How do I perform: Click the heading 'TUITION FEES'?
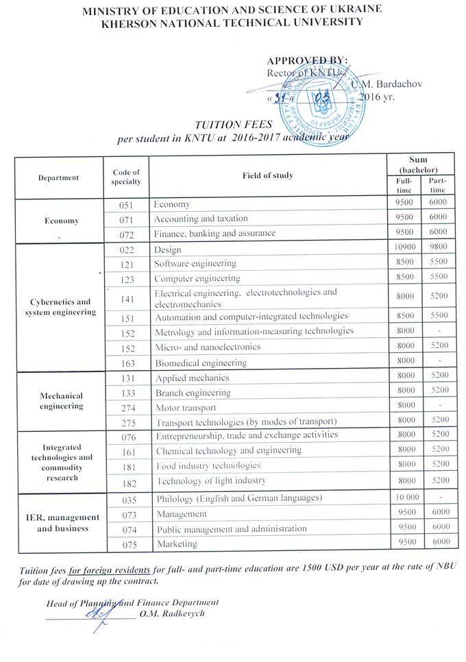pos(224,125)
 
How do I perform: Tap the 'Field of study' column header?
pos(267,175)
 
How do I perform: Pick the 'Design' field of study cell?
pos(168,249)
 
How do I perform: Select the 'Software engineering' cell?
pos(195,263)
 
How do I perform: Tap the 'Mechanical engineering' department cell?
pos(60,400)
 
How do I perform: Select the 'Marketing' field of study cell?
pos(176,544)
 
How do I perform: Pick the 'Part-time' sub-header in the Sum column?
pos(437,185)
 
